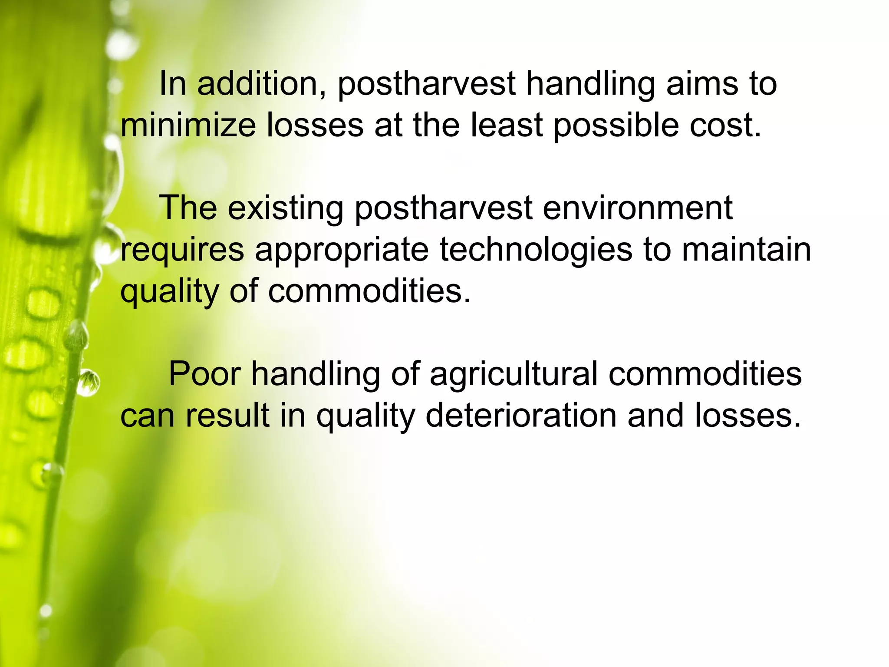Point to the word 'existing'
pos(285,208)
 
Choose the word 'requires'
pos(182,250)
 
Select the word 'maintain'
pos(746,250)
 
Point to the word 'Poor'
pos(204,374)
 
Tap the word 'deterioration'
pos(521,416)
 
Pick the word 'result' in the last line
pos(227,416)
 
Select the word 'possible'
pos(616,126)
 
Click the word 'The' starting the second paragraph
pos(188,208)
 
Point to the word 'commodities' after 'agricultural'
pos(705,374)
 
